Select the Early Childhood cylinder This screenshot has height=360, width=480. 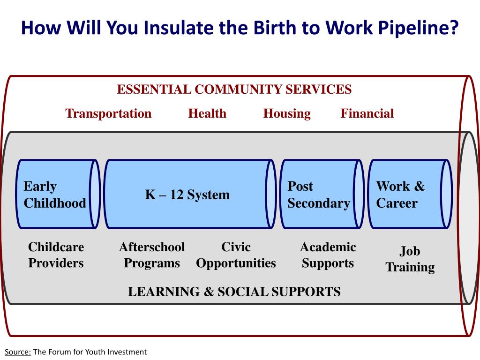click(x=55, y=195)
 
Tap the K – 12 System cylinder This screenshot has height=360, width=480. click(x=187, y=195)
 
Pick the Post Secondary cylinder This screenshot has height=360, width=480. click(x=319, y=195)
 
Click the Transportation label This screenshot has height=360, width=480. click(x=108, y=113)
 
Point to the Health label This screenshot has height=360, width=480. click(x=207, y=113)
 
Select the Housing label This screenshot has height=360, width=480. click(x=287, y=113)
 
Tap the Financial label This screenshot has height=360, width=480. click(x=367, y=113)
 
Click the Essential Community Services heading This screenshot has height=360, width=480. click(x=234, y=89)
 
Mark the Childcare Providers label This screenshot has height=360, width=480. click(x=56, y=255)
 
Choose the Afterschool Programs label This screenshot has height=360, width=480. click(x=152, y=255)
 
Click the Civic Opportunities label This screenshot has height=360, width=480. click(x=236, y=255)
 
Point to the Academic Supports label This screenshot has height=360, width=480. click(x=328, y=255)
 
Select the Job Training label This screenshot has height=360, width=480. click(x=410, y=259)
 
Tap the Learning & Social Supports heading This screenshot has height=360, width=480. click(x=234, y=292)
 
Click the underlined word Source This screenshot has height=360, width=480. click(x=18, y=352)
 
